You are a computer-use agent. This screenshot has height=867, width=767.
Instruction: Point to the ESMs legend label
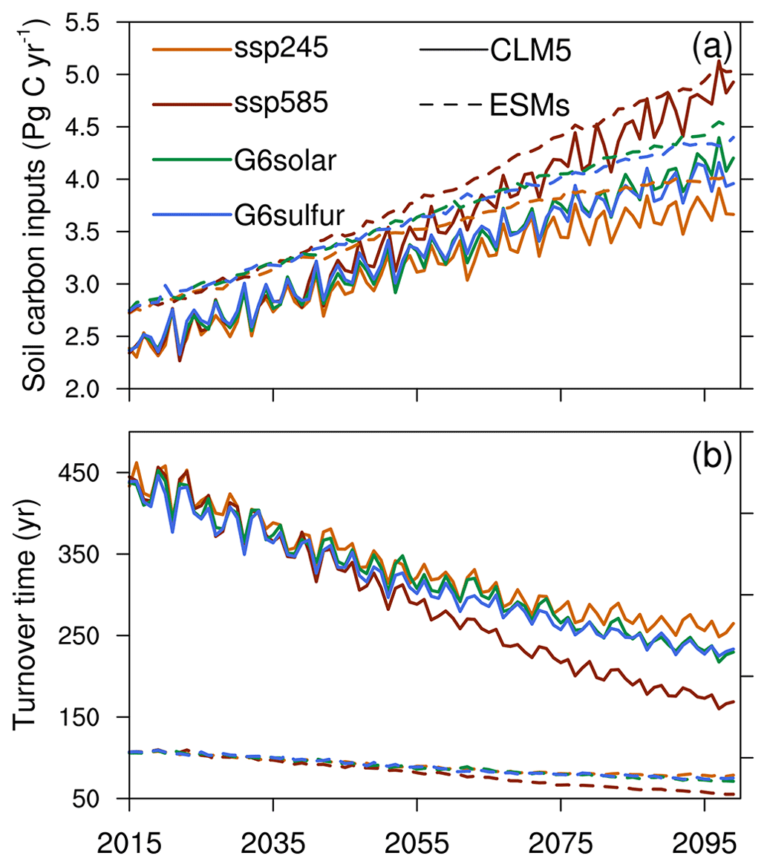529,106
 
